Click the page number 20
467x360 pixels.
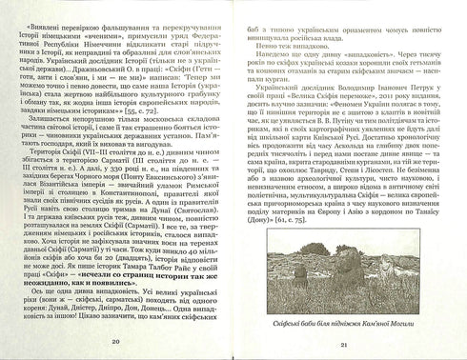pos(116,340)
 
